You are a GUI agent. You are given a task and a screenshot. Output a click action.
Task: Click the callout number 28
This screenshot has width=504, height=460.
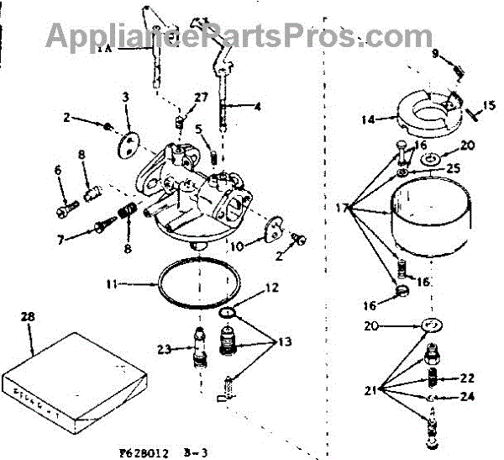click(27, 316)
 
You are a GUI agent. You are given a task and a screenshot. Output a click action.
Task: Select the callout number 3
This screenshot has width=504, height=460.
click(125, 98)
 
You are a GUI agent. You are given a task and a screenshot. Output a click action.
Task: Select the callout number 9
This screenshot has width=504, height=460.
click(435, 53)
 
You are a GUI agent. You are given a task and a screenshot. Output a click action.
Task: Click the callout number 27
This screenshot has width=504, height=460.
click(200, 98)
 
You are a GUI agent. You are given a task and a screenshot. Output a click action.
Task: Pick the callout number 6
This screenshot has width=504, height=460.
click(58, 171)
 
